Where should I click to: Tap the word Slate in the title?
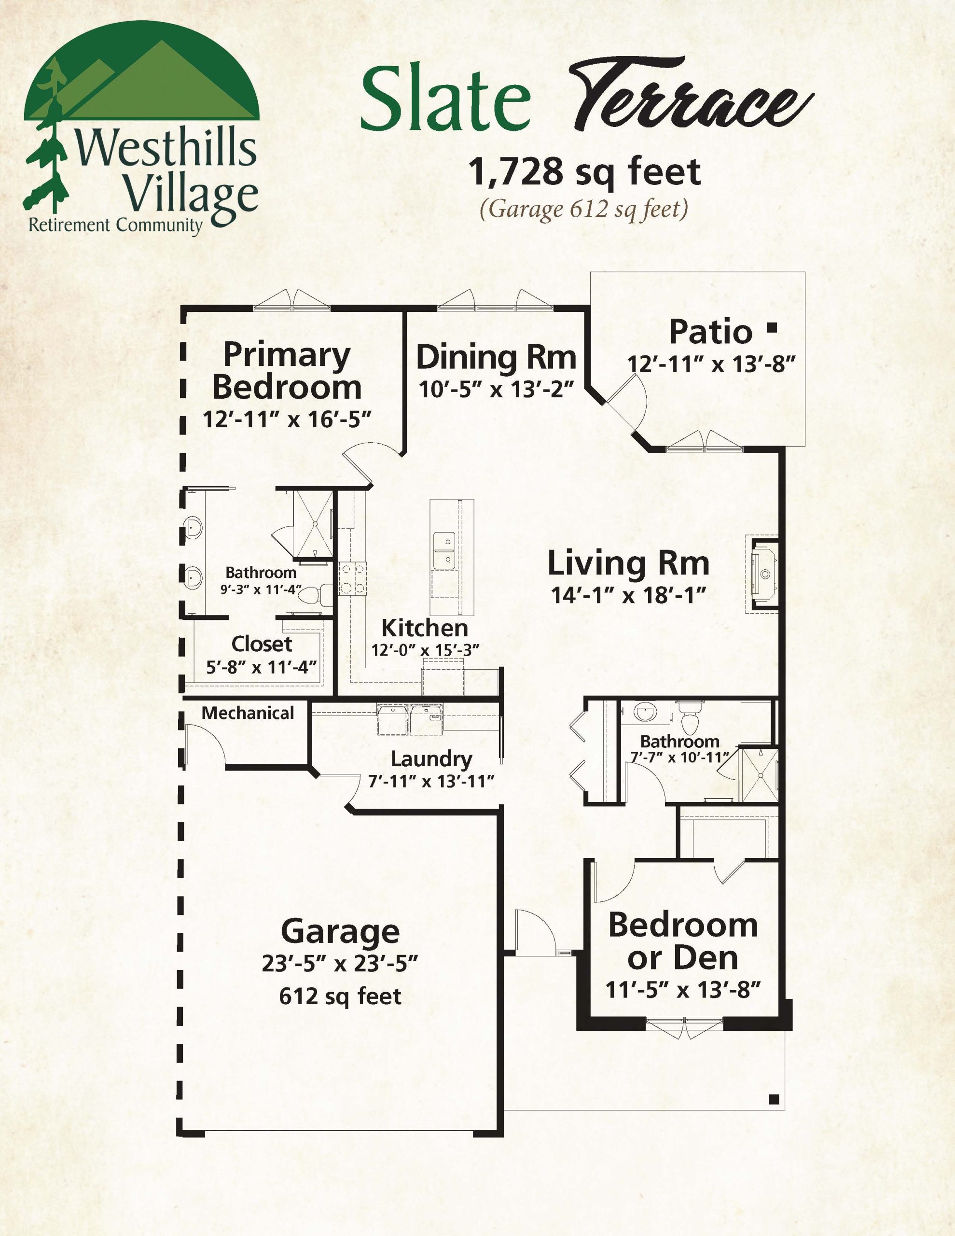(445, 98)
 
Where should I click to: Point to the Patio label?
(711, 332)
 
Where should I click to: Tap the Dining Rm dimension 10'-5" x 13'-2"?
(496, 389)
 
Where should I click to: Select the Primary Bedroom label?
(287, 371)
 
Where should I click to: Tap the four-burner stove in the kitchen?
(352, 578)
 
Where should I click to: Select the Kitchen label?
(424, 628)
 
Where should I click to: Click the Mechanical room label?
(248, 713)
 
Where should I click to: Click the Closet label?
(262, 644)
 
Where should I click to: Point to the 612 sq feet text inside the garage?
(340, 997)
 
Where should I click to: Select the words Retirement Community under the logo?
(115, 225)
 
